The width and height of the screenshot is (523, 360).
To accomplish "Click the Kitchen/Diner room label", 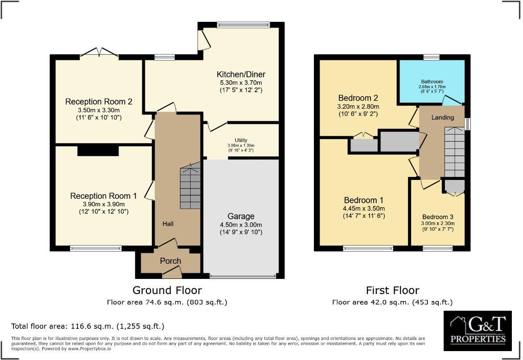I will coord(241,74).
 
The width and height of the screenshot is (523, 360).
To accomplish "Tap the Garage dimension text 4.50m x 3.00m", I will coord(241,225).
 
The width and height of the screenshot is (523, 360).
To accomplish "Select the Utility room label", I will coord(241,140).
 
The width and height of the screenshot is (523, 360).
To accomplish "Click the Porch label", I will coord(170,261).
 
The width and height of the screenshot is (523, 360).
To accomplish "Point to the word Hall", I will coord(168,224).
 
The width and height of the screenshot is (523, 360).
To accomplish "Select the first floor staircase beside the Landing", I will coord(454,151).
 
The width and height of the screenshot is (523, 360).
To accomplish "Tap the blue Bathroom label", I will coord(432,82).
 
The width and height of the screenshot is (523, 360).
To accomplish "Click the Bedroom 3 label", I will coord(438,217).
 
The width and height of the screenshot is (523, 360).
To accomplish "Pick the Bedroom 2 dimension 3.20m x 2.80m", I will coord(358,106).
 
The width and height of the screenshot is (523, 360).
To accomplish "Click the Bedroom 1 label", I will coord(363,200).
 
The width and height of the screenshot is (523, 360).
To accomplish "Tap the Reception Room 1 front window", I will coord(96,248).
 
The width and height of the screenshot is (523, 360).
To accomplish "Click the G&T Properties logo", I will coord(478,331).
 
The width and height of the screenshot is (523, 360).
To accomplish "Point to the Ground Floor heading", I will coord(167,290).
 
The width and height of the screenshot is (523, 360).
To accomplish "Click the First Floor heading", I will coord(392,290).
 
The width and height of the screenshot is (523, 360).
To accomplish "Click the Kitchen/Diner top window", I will coord(243,24).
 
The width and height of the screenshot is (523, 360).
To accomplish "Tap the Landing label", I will coord(442,117).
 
